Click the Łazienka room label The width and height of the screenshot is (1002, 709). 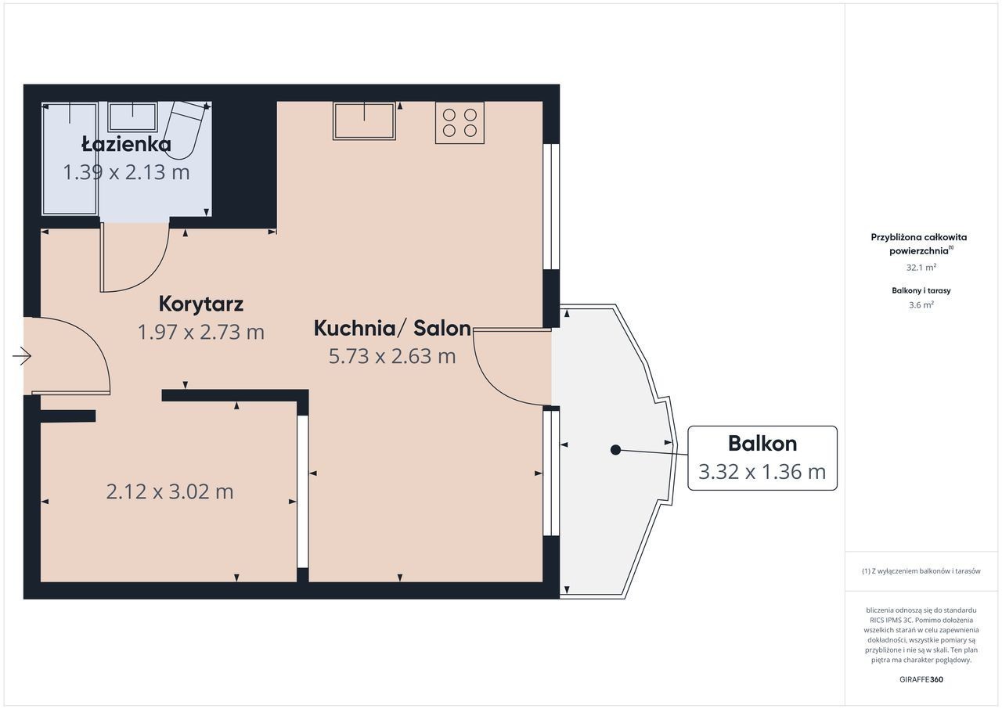[x=126, y=144]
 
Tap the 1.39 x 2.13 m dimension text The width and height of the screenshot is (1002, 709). [x=126, y=172]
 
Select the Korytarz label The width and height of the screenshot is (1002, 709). [x=201, y=304]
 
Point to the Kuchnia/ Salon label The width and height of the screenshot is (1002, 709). [x=392, y=328]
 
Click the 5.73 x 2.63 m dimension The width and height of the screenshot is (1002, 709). [x=392, y=356]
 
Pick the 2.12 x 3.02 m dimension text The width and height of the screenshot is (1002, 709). [x=170, y=491]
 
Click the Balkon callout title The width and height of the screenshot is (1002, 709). [x=762, y=444]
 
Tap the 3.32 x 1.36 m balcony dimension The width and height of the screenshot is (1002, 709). [x=762, y=472]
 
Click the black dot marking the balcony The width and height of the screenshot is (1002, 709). [x=615, y=450]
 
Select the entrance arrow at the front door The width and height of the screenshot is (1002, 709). [x=21, y=356]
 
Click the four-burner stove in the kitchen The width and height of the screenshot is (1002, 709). [x=460, y=123]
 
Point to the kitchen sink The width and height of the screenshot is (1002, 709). [x=364, y=121]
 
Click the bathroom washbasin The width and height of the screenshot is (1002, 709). [x=133, y=117]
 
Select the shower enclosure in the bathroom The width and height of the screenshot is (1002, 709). [x=70, y=159]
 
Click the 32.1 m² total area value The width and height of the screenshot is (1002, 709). [x=921, y=268]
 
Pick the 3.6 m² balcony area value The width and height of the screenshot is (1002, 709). [x=921, y=305]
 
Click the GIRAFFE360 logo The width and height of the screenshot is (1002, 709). [x=921, y=679]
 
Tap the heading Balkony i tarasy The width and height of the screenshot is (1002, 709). [x=921, y=290]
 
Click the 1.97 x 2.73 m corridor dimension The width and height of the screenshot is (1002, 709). [x=201, y=332]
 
